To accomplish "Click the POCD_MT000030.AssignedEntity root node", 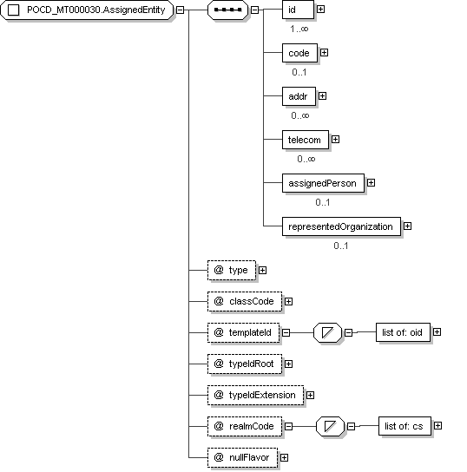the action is tap(87, 10).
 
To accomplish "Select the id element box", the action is tap(298, 10).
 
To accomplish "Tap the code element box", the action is tap(299, 53).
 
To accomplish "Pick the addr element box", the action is tap(299, 96).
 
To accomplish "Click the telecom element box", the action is tap(306, 140).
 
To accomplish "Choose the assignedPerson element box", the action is tap(323, 183).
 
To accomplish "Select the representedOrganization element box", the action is tap(341, 226).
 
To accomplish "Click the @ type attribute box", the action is tap(232, 271).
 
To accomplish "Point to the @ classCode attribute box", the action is tap(245, 301).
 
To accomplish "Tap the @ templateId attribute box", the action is tap(243, 332).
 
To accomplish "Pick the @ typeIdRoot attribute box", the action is tap(245, 364).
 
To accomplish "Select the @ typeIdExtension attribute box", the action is tap(255, 396).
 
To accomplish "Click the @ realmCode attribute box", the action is tap(245, 427).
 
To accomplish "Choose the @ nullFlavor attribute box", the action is tap(242, 458).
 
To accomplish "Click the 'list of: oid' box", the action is tap(403, 332).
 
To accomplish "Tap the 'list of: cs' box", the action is tap(405, 426).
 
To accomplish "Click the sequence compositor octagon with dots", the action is tap(228, 10).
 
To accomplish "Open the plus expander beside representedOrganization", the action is tap(407, 226).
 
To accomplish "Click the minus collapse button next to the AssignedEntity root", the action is tap(180, 10).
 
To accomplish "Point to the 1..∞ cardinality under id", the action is tap(299, 29).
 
